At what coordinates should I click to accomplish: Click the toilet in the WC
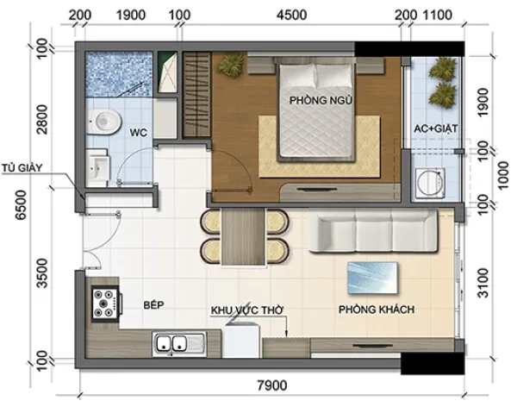point(103,122)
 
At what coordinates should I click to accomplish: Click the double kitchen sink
point(179,344)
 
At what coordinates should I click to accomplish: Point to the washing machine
point(430,183)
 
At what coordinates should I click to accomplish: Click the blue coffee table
point(372,278)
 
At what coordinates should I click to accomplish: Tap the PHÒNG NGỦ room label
point(321,100)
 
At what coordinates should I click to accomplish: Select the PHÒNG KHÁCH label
point(377,310)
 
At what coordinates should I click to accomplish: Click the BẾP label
point(153,304)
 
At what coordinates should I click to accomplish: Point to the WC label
point(139,133)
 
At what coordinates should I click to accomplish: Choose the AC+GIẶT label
point(436,128)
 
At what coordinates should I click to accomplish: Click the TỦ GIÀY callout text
point(22,167)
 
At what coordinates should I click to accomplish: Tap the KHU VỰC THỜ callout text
point(247,310)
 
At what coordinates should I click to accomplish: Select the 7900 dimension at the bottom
point(272,385)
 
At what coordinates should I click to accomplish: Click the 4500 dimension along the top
point(292,16)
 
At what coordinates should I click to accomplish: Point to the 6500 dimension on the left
point(22,204)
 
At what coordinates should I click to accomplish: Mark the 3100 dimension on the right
point(483,283)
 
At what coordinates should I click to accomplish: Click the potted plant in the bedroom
point(230,65)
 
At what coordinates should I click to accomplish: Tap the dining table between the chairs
point(244,236)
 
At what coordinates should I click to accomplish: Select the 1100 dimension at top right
point(437,16)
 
